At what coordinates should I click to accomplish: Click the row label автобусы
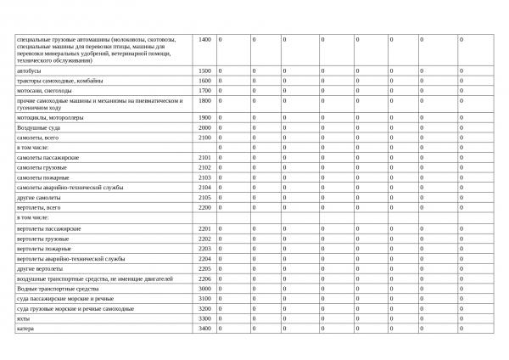(x=29, y=70)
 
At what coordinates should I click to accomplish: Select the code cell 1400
(x=204, y=40)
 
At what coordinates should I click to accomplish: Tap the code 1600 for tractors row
(x=204, y=81)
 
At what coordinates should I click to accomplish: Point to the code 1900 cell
(x=204, y=117)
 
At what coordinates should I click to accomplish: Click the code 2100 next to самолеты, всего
(x=204, y=137)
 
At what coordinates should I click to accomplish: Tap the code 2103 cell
(x=204, y=177)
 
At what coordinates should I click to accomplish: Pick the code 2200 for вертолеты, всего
(x=204, y=207)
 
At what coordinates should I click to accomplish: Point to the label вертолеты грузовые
(x=46, y=239)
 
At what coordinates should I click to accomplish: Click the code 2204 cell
(x=204, y=258)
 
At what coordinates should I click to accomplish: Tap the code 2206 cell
(x=204, y=278)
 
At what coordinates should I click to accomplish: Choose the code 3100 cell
(x=204, y=299)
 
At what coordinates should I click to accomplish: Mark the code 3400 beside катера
(x=204, y=329)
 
